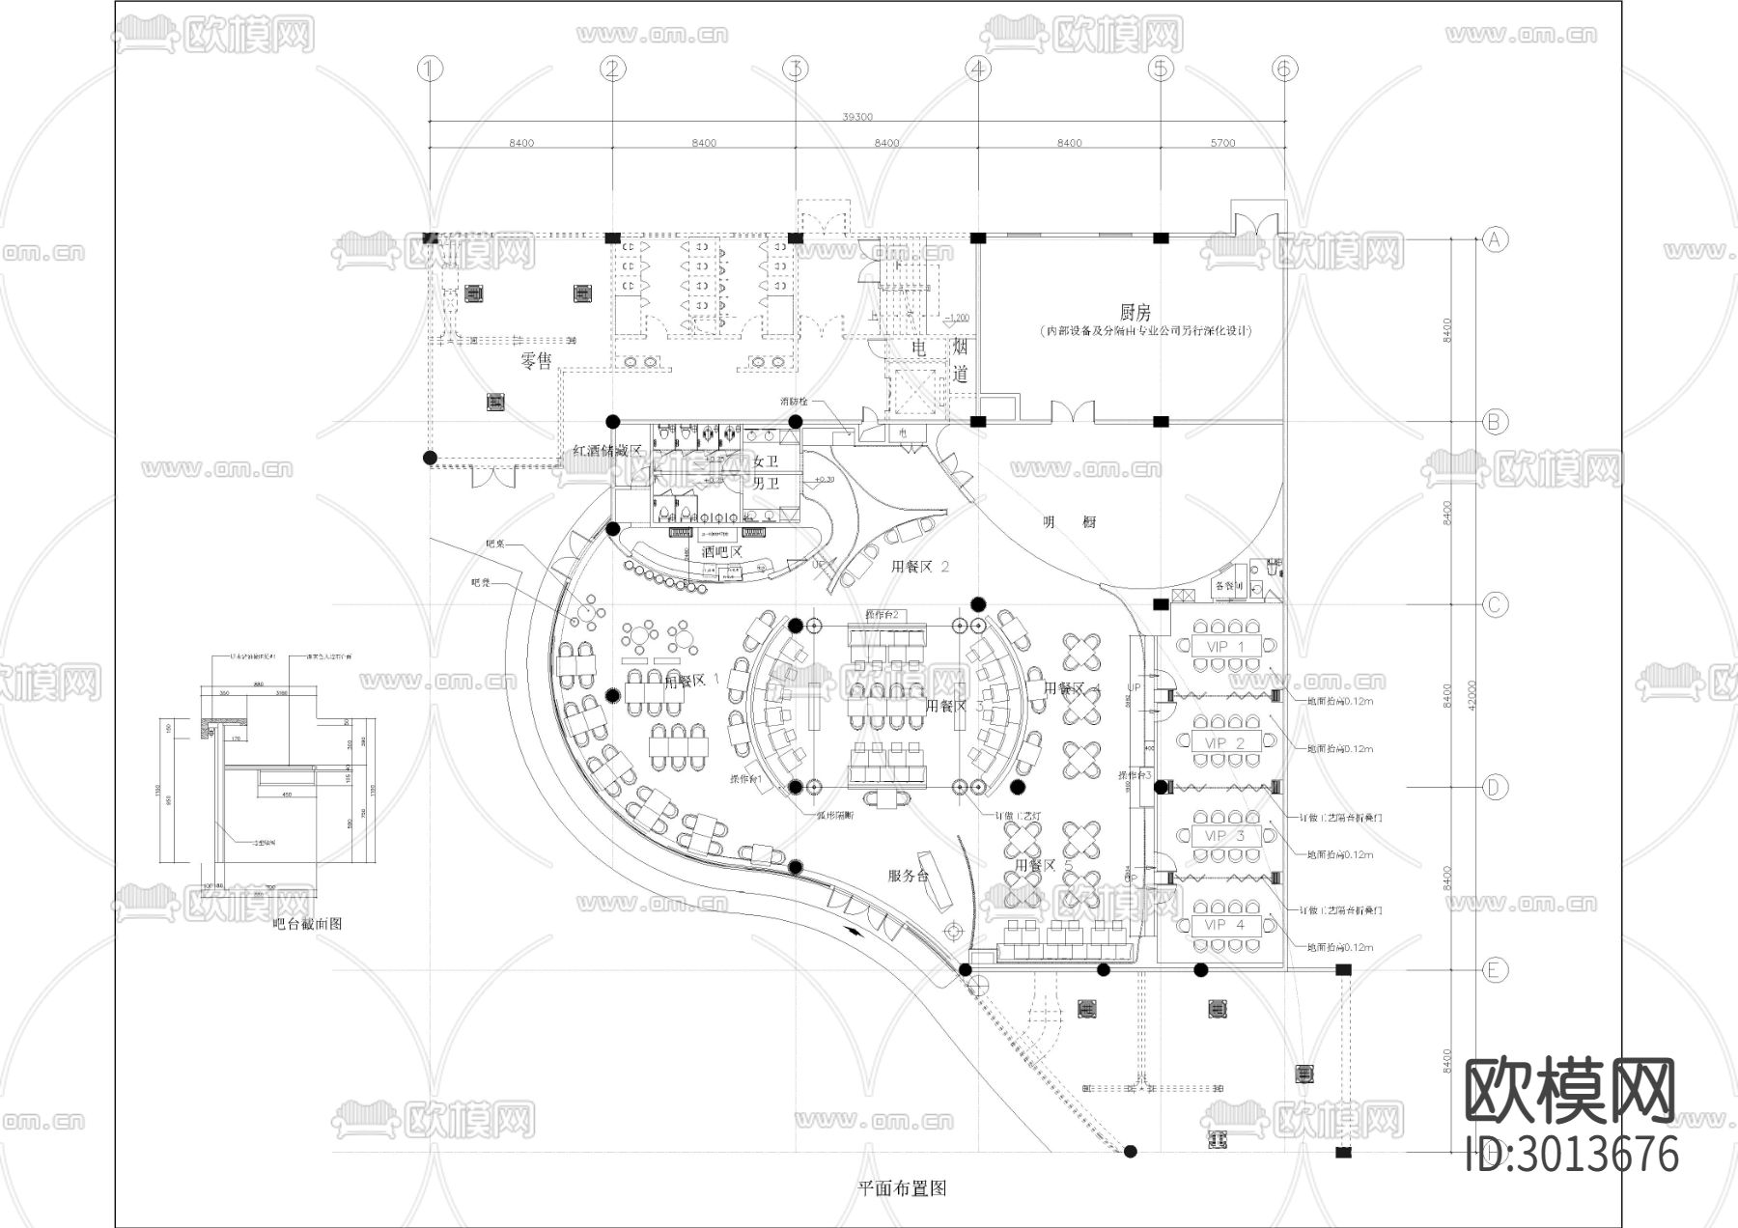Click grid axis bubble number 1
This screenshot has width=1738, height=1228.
(430, 69)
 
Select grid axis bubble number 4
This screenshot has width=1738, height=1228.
(978, 69)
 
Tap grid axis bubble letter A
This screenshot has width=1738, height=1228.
(1495, 238)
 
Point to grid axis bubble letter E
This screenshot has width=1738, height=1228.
(1495, 969)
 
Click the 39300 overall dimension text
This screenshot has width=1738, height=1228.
(857, 117)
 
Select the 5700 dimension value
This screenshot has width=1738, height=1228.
(1222, 143)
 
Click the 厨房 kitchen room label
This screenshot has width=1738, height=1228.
(1135, 312)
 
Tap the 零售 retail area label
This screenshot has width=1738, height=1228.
(536, 361)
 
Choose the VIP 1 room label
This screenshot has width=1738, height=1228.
(1225, 646)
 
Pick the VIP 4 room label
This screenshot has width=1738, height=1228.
(1225, 924)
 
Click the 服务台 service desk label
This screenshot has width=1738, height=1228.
(908, 876)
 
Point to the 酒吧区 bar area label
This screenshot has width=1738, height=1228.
(721, 552)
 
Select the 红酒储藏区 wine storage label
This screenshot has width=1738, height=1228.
(606, 451)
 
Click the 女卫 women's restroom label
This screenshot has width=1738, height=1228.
(766, 461)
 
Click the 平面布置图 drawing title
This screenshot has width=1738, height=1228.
(902, 1188)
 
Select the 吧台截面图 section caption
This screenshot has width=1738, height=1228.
(307, 924)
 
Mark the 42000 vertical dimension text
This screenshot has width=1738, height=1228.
(1471, 695)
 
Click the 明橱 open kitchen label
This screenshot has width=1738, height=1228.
(1069, 522)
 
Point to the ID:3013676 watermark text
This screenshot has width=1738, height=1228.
(1572, 1155)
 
